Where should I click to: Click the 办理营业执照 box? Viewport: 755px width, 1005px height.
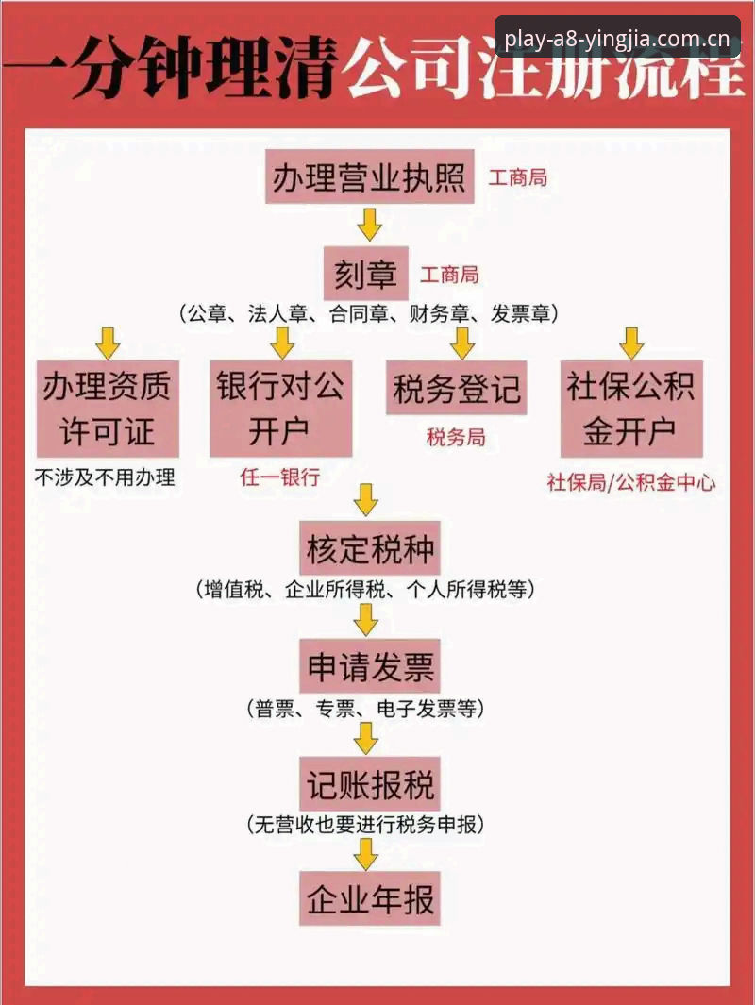(x=369, y=176)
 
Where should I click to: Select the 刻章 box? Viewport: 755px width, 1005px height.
(x=365, y=274)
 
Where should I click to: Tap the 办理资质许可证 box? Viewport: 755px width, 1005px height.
(x=107, y=409)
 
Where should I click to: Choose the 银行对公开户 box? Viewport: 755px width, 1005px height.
(x=280, y=409)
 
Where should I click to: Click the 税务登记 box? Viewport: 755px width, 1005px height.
(x=456, y=388)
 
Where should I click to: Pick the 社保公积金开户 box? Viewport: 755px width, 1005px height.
(x=631, y=409)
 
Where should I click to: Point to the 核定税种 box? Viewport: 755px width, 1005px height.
(x=370, y=548)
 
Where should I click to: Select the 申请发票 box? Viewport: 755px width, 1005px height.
(x=370, y=666)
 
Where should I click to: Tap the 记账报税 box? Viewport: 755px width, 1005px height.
(x=370, y=784)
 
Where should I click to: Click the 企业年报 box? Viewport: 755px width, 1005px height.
(x=370, y=898)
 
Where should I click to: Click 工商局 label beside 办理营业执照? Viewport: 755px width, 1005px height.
(x=518, y=177)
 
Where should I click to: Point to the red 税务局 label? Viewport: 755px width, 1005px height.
(x=456, y=438)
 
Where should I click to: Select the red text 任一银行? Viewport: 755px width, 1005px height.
(x=280, y=477)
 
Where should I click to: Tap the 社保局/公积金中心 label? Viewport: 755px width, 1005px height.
(x=631, y=482)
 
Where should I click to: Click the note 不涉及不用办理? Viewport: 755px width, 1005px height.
(x=105, y=477)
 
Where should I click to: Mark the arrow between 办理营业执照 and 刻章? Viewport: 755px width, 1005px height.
(x=369, y=225)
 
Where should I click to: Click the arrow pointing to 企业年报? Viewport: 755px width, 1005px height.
(x=366, y=854)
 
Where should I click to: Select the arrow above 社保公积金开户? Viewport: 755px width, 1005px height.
(x=631, y=343)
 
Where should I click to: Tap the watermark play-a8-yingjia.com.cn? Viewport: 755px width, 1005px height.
(x=617, y=40)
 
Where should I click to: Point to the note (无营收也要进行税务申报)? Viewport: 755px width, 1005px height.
(x=365, y=824)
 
